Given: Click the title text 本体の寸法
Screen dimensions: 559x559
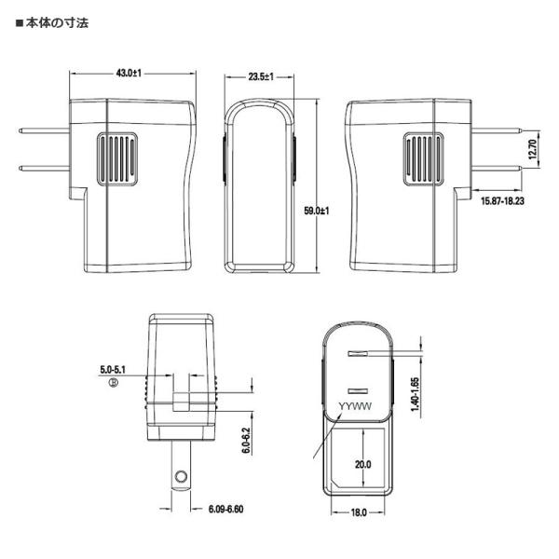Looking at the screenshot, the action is (57, 23).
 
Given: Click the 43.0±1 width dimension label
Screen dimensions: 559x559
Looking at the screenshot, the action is (129, 73).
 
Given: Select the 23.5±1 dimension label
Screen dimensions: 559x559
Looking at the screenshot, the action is (261, 76).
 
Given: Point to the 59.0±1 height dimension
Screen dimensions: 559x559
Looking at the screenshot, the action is (317, 211).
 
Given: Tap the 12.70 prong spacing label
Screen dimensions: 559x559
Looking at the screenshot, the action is (532, 149).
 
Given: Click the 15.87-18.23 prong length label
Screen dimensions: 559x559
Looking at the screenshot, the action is (503, 201).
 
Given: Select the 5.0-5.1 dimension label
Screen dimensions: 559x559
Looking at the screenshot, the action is (113, 370).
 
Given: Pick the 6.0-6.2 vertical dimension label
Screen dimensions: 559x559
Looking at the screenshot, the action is (246, 441).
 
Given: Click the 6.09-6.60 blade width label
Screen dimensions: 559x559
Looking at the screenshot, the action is (226, 509).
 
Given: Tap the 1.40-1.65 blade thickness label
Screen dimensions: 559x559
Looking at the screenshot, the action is (415, 394).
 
